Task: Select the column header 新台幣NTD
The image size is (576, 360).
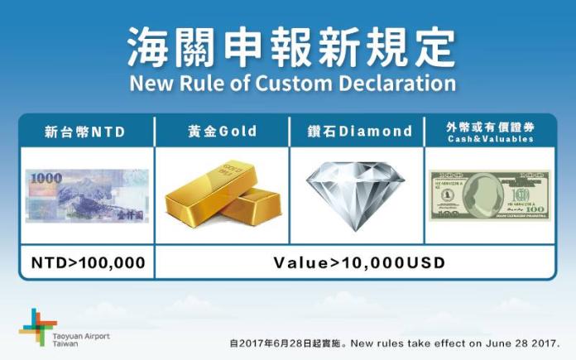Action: click(86, 132)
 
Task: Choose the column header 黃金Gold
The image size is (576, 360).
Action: click(222, 132)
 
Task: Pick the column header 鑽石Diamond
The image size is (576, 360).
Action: click(357, 132)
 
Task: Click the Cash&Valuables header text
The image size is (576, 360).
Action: click(490, 140)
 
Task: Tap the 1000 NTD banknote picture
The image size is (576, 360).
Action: click(87, 195)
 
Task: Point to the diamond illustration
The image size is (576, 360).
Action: click(356, 194)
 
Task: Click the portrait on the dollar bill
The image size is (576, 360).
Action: click(479, 194)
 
